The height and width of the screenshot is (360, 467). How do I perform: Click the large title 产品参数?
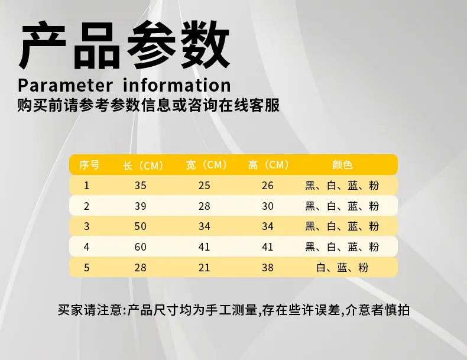pyautogui.click(x=124, y=46)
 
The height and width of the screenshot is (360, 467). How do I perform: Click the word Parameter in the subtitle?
pyautogui.click(x=66, y=85)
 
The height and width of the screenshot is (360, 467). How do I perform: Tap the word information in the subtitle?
pyautogui.click(x=177, y=85)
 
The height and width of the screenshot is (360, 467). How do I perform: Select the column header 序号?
pyautogui.click(x=89, y=165)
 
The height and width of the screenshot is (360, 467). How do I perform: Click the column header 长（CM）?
pyautogui.click(x=143, y=166)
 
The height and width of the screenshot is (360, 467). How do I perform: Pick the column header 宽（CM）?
pyautogui.click(x=207, y=165)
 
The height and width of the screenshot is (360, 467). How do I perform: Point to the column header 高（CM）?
pyautogui.click(x=268, y=165)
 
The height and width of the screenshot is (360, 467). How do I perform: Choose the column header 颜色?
pyautogui.click(x=342, y=165)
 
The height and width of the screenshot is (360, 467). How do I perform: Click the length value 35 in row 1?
pyautogui.click(x=140, y=186)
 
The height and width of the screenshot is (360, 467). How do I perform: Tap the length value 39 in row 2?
pyautogui.click(x=140, y=206)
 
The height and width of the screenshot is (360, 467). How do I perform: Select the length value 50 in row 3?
pyautogui.click(x=140, y=226)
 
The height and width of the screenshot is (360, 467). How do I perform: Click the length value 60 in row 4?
pyautogui.click(x=140, y=247)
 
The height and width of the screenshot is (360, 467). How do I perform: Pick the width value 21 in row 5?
pyautogui.click(x=205, y=267)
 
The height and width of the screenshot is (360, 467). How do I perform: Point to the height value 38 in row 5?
pyautogui.click(x=268, y=267)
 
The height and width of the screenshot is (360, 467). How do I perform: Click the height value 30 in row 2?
pyautogui.click(x=268, y=206)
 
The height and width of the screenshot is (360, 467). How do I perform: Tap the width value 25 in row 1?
pyautogui.click(x=205, y=186)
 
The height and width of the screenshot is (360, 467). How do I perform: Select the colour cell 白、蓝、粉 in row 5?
pyautogui.click(x=342, y=267)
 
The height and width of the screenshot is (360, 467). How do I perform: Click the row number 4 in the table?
pyautogui.click(x=86, y=247)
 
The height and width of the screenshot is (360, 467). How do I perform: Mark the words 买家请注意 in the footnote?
pyautogui.click(x=89, y=310)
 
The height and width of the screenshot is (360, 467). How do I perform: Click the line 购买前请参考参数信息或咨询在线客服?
pyautogui.click(x=148, y=105)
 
